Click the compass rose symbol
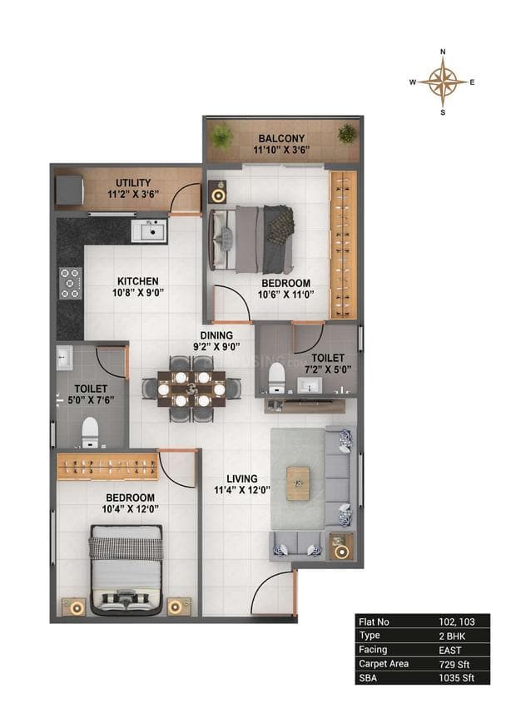point(442,81)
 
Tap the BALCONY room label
point(280,138)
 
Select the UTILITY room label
point(133,182)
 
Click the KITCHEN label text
point(137,281)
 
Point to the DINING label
point(216,335)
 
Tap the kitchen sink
point(151,230)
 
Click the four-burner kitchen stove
point(71,283)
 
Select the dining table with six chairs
point(191,388)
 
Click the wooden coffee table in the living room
point(298,483)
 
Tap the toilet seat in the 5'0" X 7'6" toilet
point(90,430)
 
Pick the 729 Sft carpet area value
point(451,663)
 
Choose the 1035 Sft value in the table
point(454,678)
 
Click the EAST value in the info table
point(451,649)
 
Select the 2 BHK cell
point(451,635)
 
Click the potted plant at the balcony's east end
point(346,133)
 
